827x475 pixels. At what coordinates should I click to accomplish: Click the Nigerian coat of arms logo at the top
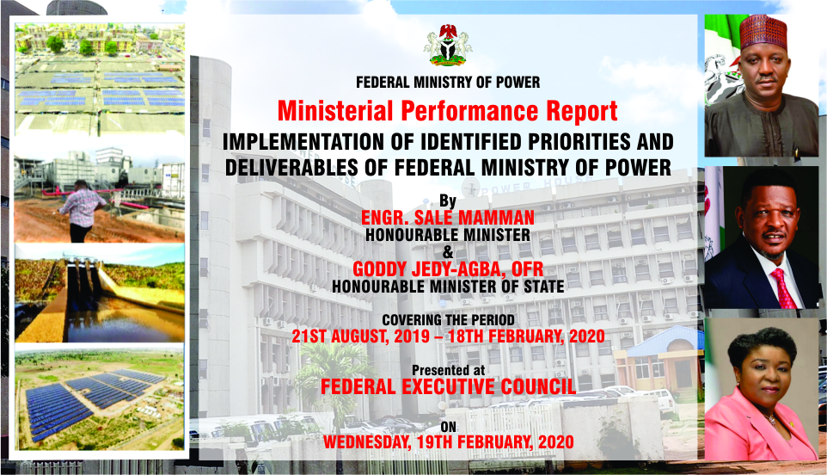tap(448, 46)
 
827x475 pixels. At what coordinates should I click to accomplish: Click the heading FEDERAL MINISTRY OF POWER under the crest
tap(448, 83)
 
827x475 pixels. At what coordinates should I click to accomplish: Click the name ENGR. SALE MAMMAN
tap(448, 218)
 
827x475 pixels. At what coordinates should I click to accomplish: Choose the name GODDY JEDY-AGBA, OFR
tap(448, 269)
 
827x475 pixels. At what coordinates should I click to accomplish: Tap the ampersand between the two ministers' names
tap(448, 252)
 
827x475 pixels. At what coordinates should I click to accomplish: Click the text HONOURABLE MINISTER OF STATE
tap(448, 287)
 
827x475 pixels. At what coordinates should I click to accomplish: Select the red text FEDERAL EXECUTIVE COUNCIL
tap(448, 387)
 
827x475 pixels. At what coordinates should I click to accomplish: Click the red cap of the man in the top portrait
tap(763, 33)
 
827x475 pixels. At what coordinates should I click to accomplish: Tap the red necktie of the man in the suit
tap(784, 288)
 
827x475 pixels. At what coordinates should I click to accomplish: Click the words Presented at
tap(448, 371)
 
